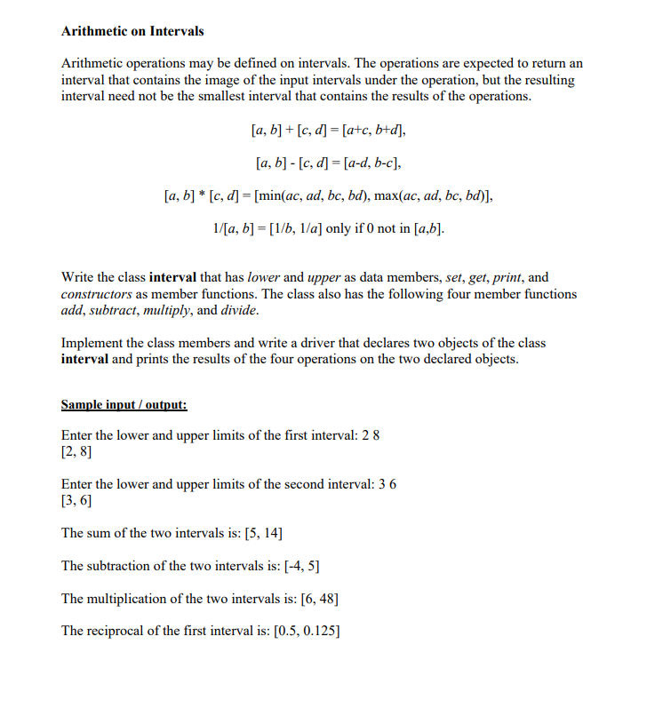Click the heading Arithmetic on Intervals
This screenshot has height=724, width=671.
132,31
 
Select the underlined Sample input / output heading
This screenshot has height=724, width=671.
124,404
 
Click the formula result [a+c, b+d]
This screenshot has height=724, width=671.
367,131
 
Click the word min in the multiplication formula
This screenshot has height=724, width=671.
273,196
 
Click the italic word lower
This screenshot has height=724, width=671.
264,277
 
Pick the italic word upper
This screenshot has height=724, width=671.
324,277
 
